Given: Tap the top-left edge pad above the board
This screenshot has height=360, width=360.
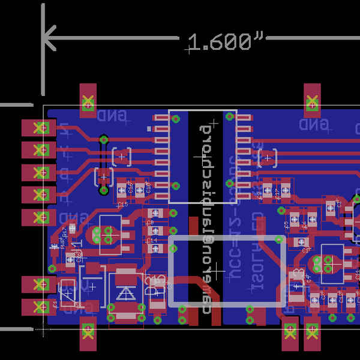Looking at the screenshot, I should (88, 100).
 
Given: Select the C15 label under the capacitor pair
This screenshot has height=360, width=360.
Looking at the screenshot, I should (122, 205).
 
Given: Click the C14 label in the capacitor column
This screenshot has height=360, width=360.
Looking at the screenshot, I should (152, 240).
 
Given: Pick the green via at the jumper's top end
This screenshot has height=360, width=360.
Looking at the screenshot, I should (104, 140).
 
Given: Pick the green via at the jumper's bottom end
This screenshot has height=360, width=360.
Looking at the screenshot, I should (104, 191).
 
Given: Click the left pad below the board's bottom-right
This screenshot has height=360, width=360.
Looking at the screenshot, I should (290, 335).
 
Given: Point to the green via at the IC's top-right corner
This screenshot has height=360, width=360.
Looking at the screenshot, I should (230, 118).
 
